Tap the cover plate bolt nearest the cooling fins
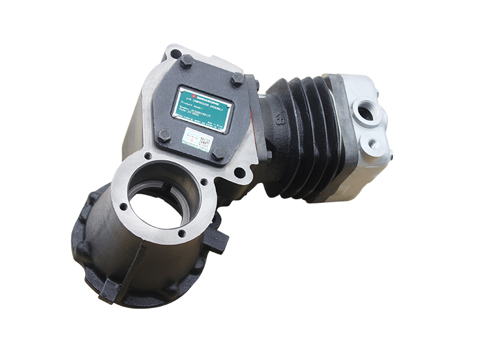click(238, 78)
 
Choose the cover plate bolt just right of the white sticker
click(218, 153)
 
